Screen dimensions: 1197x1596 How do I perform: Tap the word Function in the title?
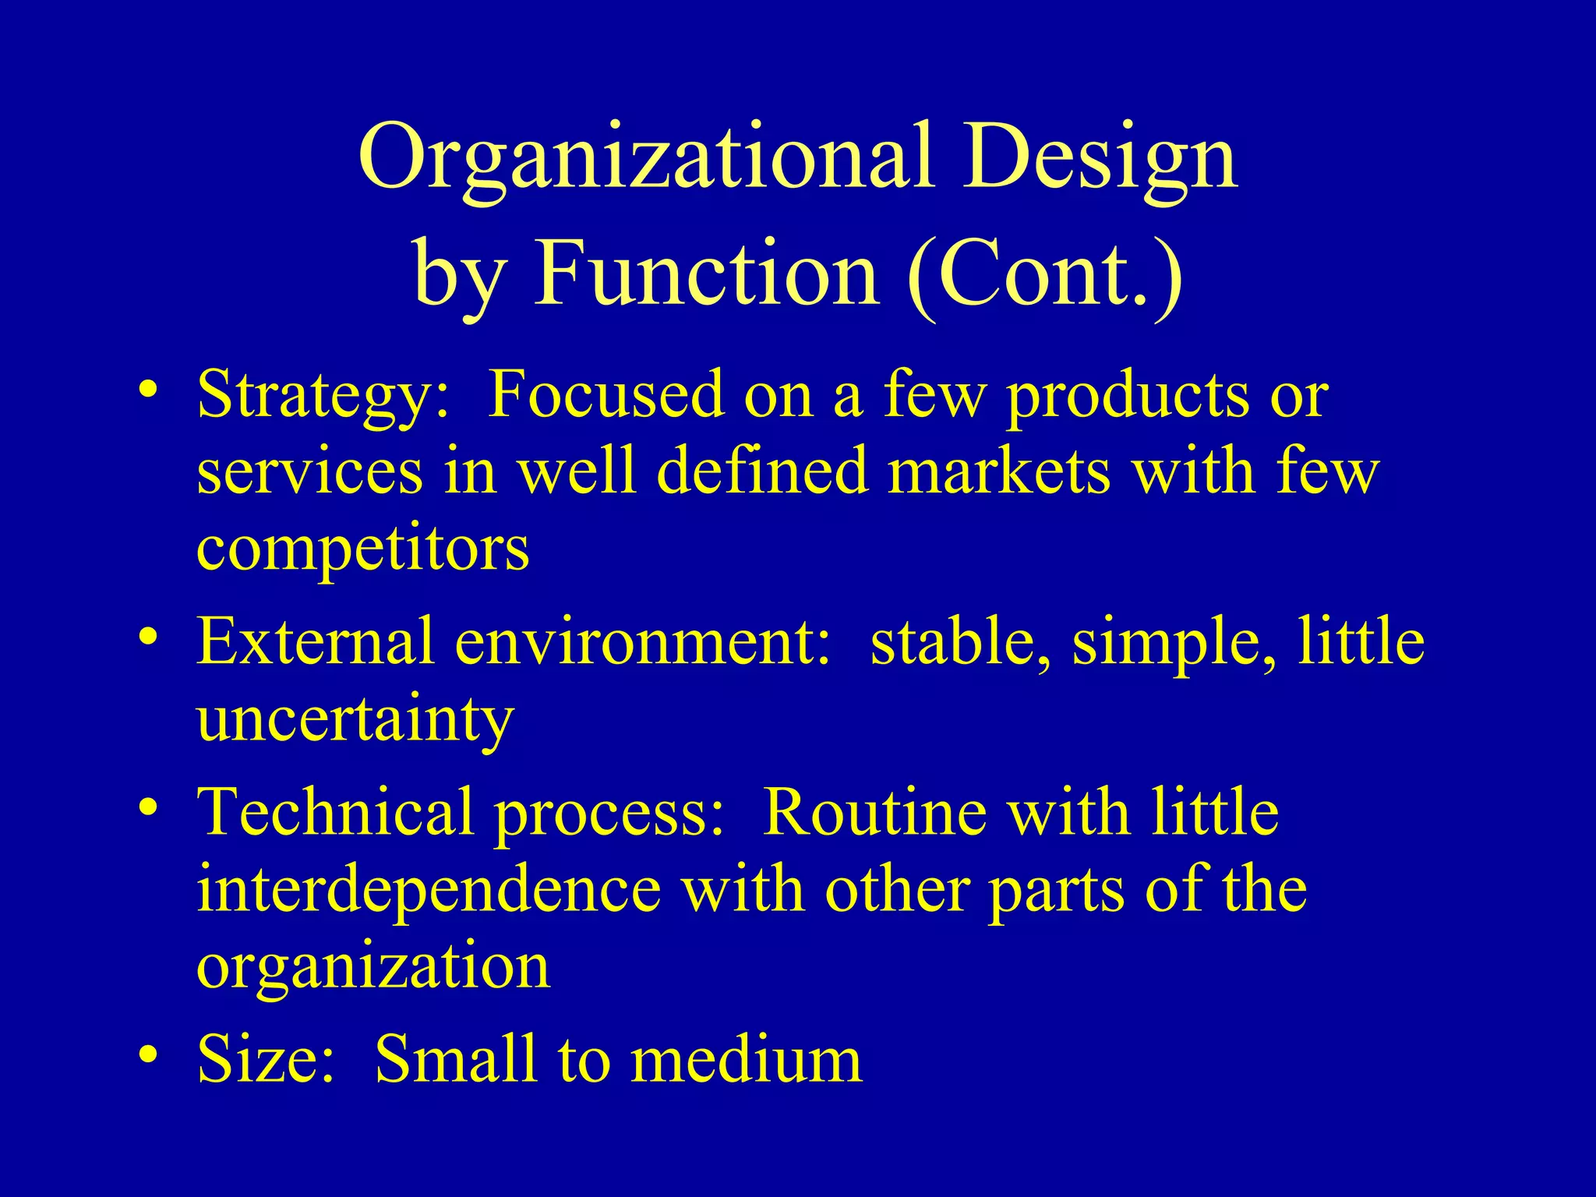[x=706, y=275]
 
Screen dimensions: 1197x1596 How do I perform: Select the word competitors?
[x=363, y=549]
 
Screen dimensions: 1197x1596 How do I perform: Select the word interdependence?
[x=429, y=890]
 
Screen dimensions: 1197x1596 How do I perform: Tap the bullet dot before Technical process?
[x=148, y=807]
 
